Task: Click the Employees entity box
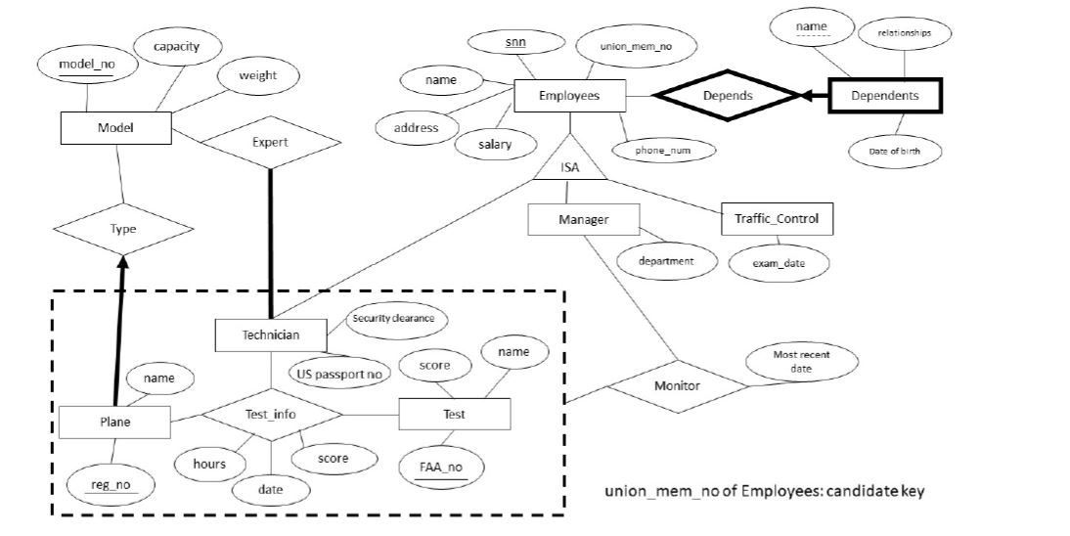(569, 96)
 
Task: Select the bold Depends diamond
(727, 96)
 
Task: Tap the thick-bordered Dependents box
(884, 96)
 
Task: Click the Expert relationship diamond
(271, 142)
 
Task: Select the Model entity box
(115, 128)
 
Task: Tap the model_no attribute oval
(82, 66)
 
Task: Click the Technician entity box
(270, 335)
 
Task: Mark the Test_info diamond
(271, 414)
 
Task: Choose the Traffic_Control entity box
(777, 219)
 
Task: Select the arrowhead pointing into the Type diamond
(122, 263)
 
